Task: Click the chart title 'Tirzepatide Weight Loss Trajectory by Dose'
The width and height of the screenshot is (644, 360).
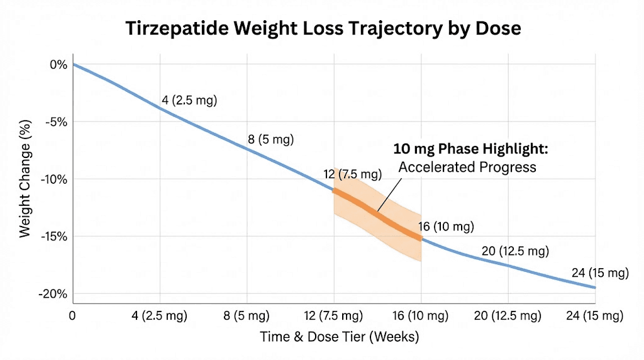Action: coord(323,28)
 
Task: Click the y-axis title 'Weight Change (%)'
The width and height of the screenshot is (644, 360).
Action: coord(25,179)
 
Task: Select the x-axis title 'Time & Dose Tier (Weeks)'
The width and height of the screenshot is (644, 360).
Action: coord(340,337)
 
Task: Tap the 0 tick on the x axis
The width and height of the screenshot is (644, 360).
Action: coord(73,315)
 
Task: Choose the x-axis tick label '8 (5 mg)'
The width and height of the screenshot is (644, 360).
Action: coord(247,315)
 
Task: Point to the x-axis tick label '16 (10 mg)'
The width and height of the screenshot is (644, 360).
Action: coord(421,315)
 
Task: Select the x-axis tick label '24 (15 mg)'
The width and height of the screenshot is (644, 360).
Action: coord(594,315)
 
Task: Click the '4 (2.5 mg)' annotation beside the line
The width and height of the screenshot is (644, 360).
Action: coord(189,100)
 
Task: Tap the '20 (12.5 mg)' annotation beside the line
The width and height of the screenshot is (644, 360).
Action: coord(515,251)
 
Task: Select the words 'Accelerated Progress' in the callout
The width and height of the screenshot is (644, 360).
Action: coord(467,167)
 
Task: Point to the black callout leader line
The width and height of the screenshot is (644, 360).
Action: coord(390,192)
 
